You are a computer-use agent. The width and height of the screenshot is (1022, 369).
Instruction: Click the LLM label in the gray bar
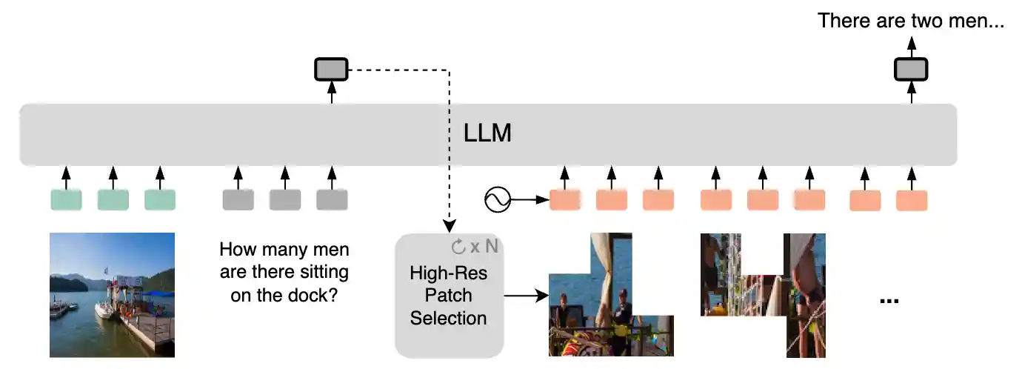pyautogui.click(x=488, y=134)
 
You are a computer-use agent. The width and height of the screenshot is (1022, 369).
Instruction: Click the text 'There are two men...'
pyautogui.click(x=911, y=20)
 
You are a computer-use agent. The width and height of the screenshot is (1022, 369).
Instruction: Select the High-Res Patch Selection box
pyautogui.click(x=450, y=295)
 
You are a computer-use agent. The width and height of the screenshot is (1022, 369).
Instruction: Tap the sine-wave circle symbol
pyautogui.click(x=498, y=199)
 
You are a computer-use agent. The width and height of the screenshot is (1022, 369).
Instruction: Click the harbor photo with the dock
pyautogui.click(x=112, y=294)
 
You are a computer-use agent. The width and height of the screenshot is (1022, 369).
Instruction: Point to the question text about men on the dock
pyautogui.click(x=284, y=272)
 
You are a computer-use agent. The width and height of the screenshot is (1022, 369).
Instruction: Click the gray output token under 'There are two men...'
pyautogui.click(x=911, y=70)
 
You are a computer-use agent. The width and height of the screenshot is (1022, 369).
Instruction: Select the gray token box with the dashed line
pyautogui.click(x=331, y=70)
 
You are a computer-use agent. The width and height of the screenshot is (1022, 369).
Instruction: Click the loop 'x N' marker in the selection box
pyautogui.click(x=475, y=246)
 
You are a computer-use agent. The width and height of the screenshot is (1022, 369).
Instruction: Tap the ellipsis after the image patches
pyautogui.click(x=889, y=299)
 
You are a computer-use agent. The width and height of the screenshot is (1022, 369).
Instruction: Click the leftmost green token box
pyautogui.click(x=66, y=199)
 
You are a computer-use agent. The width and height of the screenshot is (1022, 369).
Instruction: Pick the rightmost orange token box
pyautogui.click(x=912, y=199)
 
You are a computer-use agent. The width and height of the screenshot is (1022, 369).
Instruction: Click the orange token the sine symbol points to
pyautogui.click(x=564, y=199)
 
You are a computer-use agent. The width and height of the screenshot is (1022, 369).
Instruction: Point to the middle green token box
pyautogui.click(x=113, y=199)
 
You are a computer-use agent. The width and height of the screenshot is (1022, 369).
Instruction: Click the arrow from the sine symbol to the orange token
pyautogui.click(x=530, y=199)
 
